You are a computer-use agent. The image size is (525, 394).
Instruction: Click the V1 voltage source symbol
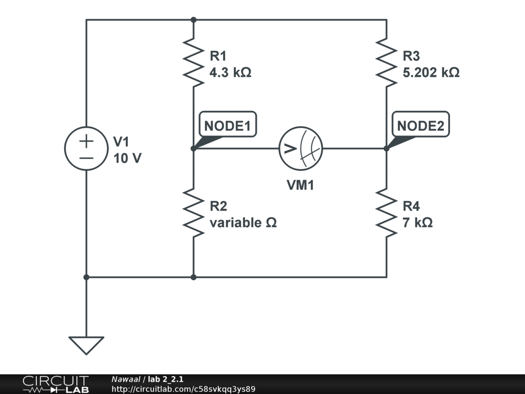(x=86, y=148)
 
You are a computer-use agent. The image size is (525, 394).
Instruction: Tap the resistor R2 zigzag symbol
(x=193, y=213)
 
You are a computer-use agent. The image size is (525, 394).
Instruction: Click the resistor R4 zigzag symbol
(x=386, y=213)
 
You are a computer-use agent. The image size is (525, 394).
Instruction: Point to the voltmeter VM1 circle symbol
(x=300, y=148)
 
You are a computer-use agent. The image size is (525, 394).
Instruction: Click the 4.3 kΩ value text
(x=230, y=72)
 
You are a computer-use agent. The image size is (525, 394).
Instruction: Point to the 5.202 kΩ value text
(x=431, y=72)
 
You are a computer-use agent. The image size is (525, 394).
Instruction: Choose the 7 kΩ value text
(x=417, y=223)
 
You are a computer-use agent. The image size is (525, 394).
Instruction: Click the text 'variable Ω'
(x=243, y=223)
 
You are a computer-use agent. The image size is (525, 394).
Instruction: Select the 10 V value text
(x=127, y=159)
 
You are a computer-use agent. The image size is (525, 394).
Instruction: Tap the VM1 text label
(x=300, y=185)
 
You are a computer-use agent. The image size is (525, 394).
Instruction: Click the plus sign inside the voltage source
(x=86, y=140)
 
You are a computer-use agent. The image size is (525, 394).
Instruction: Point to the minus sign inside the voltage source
(x=86, y=157)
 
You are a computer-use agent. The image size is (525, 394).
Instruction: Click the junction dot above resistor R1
(x=193, y=20)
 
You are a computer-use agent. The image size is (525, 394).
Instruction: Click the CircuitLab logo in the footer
(x=55, y=384)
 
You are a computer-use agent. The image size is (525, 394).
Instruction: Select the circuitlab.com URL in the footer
(x=183, y=389)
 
